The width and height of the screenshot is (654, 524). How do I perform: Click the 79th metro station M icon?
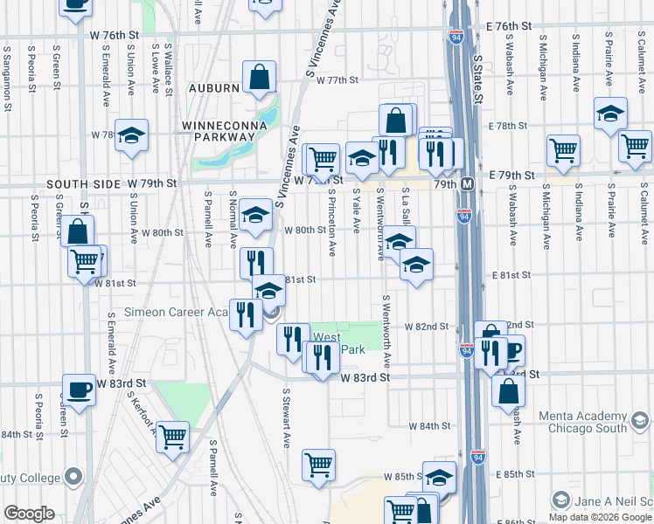coord(468,185)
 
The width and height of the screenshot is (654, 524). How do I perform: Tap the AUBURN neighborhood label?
coord(212,88)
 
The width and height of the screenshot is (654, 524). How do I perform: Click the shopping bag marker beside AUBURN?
coord(260,78)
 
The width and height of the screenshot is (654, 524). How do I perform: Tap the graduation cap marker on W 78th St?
coord(132,135)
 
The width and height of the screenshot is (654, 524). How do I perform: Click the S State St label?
coord(477,78)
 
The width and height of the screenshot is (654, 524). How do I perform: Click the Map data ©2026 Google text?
coord(599,516)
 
